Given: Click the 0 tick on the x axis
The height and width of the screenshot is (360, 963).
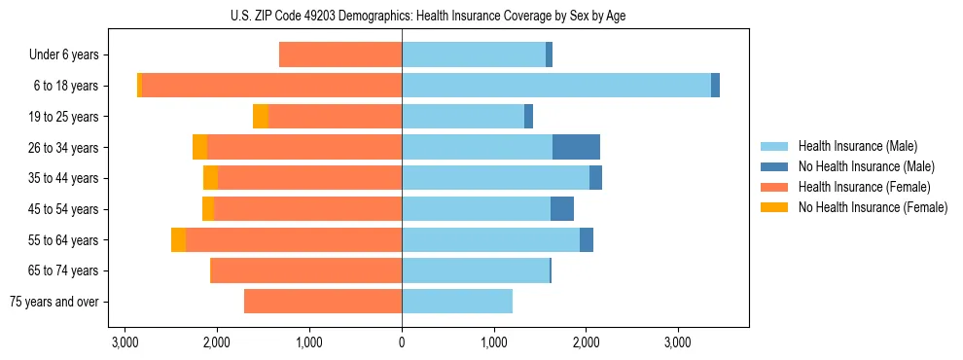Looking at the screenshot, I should tap(402, 342).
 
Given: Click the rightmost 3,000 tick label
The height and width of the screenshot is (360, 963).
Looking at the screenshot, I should tap(678, 342).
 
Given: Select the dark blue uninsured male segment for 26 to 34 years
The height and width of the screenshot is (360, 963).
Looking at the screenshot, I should tap(576, 147).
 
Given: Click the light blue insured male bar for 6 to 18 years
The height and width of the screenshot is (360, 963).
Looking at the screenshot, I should tap(555, 86).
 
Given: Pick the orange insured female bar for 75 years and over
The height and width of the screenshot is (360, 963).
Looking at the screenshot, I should tap(322, 302).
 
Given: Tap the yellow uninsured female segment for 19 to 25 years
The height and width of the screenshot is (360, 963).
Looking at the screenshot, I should tap(261, 117).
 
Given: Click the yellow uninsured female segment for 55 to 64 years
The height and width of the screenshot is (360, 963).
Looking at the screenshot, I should tap(178, 239).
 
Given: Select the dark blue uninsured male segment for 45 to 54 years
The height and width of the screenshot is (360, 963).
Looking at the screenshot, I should tap(562, 209).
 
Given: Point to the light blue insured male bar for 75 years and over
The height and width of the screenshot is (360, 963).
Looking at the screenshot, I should tap(456, 302).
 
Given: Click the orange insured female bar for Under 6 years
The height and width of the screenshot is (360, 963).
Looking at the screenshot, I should tap(340, 55).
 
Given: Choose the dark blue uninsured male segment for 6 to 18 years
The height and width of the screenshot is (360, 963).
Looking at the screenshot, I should tap(715, 86).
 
